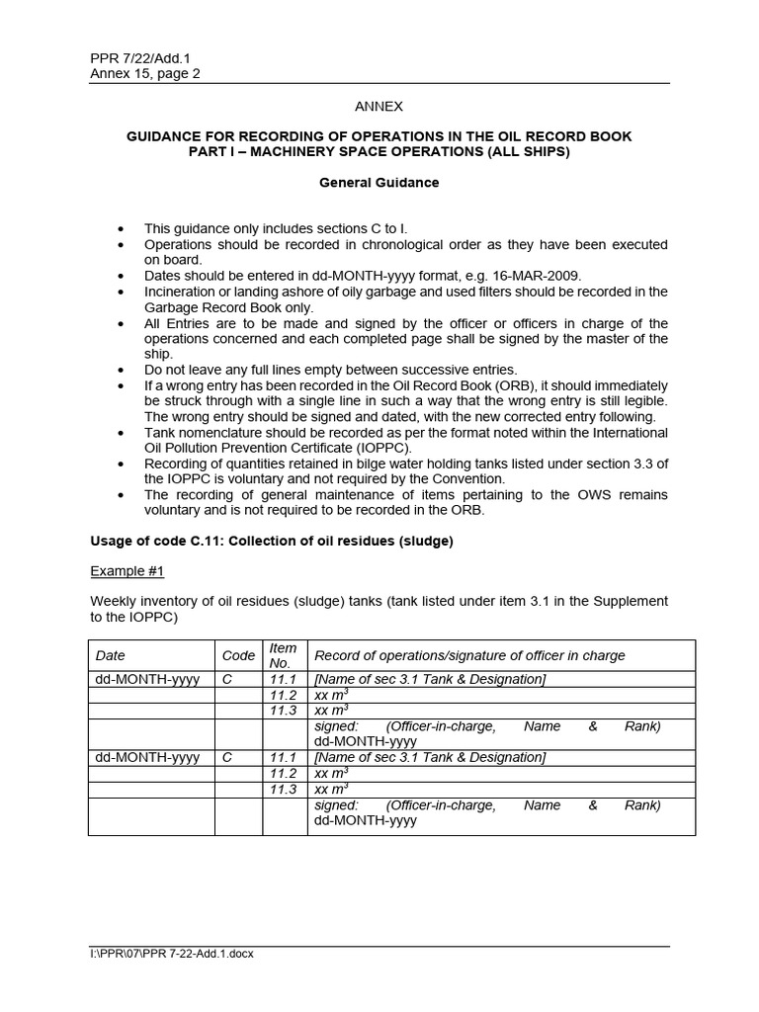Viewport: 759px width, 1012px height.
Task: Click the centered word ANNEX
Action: click(x=379, y=106)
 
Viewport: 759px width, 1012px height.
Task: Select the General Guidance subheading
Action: click(x=379, y=183)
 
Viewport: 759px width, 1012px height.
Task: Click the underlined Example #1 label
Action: click(x=127, y=571)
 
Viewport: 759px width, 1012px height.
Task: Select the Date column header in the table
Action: click(x=111, y=655)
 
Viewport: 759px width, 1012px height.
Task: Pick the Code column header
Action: click(x=238, y=655)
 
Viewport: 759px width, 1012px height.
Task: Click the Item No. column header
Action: click(x=284, y=655)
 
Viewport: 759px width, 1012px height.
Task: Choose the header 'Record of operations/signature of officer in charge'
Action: click(x=469, y=655)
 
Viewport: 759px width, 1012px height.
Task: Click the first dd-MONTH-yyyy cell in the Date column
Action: click(x=147, y=679)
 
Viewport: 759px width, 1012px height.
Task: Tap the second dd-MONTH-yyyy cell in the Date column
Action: click(x=147, y=757)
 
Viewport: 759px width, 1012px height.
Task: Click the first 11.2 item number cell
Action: click(x=284, y=695)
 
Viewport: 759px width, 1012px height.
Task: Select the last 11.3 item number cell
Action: click(x=284, y=789)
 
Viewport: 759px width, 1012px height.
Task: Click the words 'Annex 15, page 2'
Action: click(x=145, y=73)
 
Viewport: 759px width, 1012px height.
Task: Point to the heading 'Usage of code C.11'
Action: click(x=271, y=541)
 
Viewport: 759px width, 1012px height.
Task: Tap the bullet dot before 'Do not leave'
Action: click(x=121, y=370)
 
